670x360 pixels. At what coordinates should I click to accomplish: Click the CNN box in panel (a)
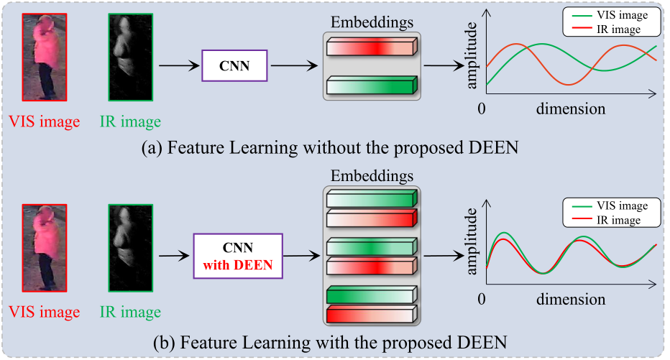[235, 67]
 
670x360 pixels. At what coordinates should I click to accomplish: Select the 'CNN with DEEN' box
[238, 256]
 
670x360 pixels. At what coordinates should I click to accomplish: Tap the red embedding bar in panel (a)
[371, 47]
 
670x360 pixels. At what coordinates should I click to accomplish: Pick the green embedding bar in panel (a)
[371, 87]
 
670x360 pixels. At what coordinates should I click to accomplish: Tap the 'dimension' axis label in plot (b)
[570, 298]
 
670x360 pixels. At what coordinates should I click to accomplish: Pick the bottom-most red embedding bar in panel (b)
[371, 315]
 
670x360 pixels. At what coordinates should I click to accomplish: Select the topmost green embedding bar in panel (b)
[371, 198]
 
